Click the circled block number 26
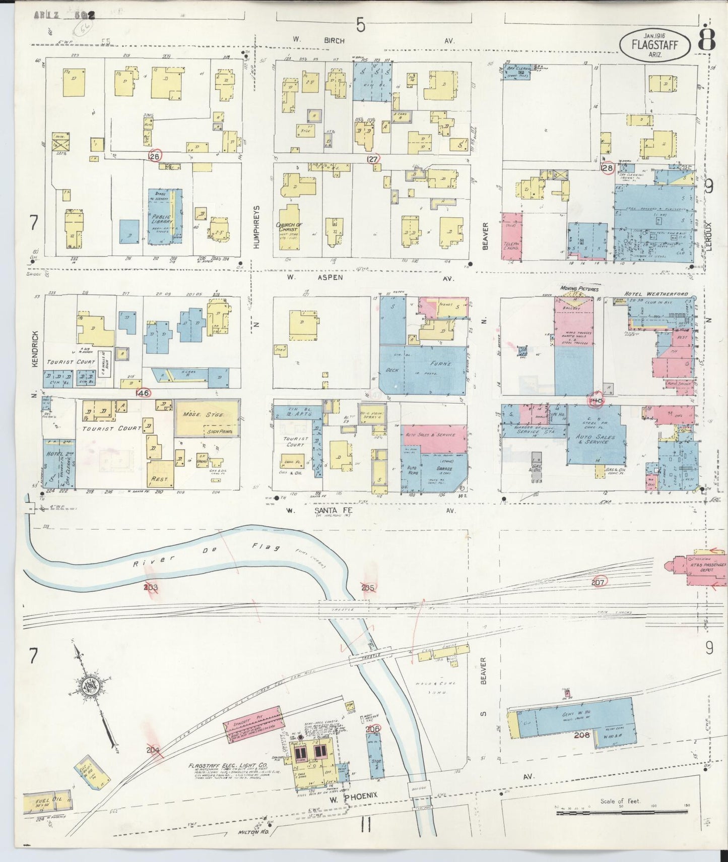point(155,156)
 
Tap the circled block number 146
point(143,392)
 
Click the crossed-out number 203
point(150,587)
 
